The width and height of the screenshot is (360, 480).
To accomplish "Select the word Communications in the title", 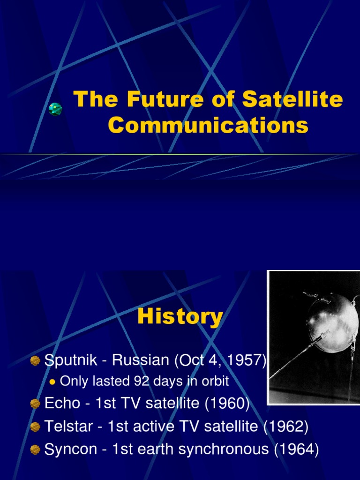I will [x=208, y=126].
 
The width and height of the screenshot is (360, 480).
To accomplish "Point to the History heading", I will [x=180, y=317].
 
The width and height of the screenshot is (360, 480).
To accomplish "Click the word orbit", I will [x=214, y=382].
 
